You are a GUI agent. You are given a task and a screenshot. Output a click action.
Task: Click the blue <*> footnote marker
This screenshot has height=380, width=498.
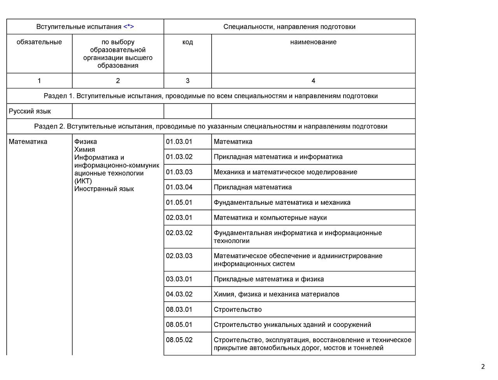[129, 27]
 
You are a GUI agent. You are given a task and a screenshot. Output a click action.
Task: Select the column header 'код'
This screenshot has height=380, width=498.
[188, 42]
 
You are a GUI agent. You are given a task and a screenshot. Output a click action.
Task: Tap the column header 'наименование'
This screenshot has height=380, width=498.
[313, 42]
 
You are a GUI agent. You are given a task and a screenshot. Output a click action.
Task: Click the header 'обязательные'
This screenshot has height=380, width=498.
[39, 42]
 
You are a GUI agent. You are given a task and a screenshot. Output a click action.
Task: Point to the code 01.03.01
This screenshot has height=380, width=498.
[179, 142]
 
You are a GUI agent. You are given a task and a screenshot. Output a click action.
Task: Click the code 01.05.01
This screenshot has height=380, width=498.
[179, 202]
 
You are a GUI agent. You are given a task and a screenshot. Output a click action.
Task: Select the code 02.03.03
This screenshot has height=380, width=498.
[179, 256]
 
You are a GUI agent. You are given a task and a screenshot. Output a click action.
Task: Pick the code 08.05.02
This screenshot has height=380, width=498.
[179, 340]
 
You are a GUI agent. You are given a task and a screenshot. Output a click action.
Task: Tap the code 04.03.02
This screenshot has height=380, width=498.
[179, 294]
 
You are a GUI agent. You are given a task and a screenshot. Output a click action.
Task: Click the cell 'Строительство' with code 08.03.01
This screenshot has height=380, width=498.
[238, 310]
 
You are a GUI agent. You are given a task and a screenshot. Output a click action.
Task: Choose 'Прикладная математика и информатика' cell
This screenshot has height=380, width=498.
[278, 157]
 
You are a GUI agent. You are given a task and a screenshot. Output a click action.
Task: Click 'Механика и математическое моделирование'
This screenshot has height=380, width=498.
[285, 172]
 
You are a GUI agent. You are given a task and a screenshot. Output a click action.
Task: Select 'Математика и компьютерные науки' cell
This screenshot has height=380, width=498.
[270, 218]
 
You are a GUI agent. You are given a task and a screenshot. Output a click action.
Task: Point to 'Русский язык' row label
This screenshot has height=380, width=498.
[30, 111]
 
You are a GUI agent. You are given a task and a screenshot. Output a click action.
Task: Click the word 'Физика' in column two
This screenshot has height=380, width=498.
[86, 142]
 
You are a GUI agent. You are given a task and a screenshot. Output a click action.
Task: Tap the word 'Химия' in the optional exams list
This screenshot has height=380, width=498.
[84, 150]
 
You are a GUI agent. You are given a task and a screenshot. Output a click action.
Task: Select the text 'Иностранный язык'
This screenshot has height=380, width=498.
[104, 189]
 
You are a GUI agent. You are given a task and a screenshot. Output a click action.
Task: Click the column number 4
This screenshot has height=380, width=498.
[313, 81]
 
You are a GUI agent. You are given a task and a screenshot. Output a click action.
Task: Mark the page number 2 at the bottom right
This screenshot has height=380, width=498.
[483, 366]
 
